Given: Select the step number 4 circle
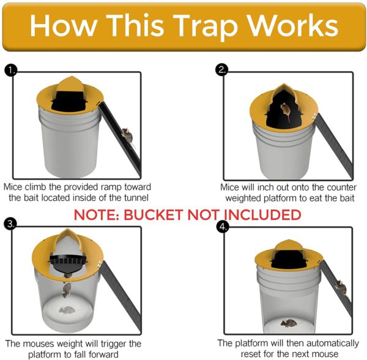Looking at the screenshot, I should (x=221, y=224).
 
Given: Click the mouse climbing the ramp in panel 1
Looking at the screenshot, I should (x=125, y=133).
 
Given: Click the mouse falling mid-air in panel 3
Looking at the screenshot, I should (x=69, y=288).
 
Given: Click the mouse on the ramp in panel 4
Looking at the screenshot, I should (x=341, y=287).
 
